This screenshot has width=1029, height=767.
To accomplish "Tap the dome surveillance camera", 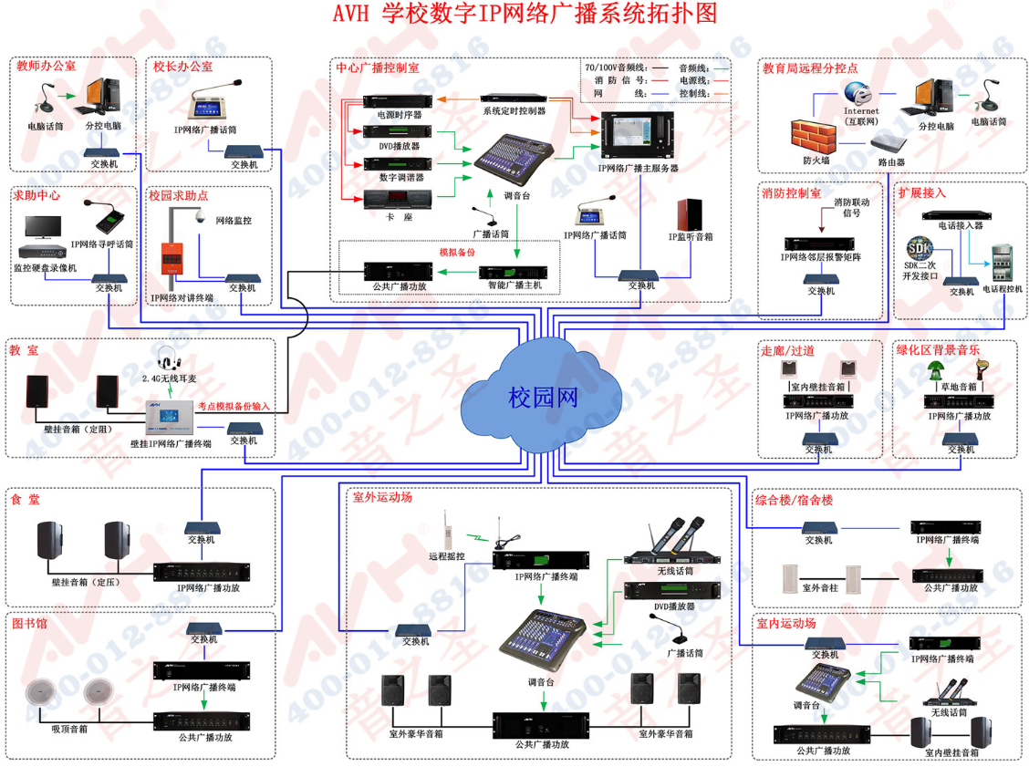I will (198, 218).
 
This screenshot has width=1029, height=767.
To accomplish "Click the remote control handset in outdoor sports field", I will (447, 530).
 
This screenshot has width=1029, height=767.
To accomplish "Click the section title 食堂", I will (26, 500).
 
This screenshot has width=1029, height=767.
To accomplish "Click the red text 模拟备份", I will (458, 251).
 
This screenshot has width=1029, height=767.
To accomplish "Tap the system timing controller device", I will (514, 97).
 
